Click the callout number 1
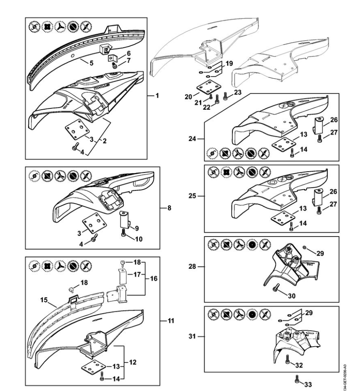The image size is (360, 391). tap(157, 96)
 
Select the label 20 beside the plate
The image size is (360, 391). tap(189, 96)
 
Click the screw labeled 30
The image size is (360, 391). tap(276, 288)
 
